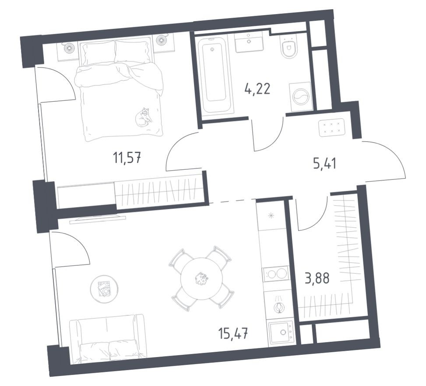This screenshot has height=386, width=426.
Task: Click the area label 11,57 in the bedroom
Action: click(127, 156)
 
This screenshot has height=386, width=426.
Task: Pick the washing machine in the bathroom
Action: click(300, 95)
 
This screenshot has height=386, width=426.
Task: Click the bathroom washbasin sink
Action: click(249, 43)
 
